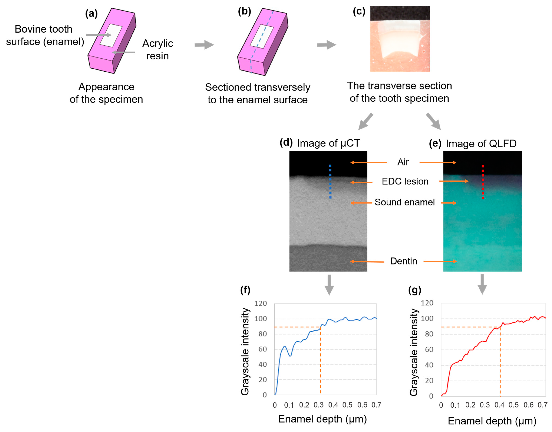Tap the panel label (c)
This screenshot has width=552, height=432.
[x=359, y=12]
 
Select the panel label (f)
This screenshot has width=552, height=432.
[x=245, y=290]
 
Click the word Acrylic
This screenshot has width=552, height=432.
[x=158, y=43]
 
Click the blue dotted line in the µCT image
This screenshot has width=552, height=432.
[x=330, y=181]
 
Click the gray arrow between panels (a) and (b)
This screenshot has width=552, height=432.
[x=204, y=45]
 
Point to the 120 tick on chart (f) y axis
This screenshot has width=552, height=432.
[x=261, y=304]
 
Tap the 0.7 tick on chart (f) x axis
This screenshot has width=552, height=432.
[x=376, y=405]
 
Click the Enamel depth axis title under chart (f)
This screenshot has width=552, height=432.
[x=322, y=419]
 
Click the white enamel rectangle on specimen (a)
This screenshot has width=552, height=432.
[x=111, y=35]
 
